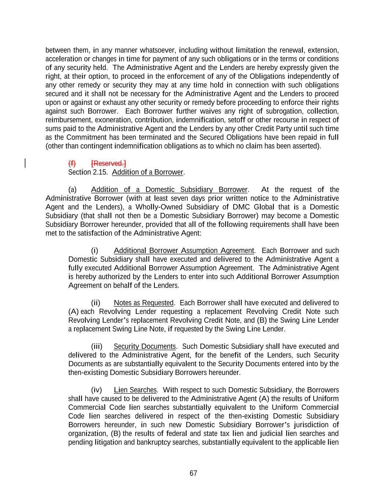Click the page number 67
point(193,473)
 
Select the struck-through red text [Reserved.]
point(109,163)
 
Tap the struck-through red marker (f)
point(72,163)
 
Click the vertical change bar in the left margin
point(25,163)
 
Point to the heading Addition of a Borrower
point(147,172)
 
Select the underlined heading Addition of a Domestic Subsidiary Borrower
point(169,190)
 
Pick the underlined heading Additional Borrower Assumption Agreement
point(184,251)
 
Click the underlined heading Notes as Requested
point(143,303)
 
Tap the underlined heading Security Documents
point(145,347)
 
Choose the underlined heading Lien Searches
point(135,390)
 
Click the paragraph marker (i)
point(95,251)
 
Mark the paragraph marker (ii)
point(95,303)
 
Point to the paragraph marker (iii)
point(96,347)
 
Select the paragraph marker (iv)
point(96,390)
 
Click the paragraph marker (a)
point(72,190)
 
